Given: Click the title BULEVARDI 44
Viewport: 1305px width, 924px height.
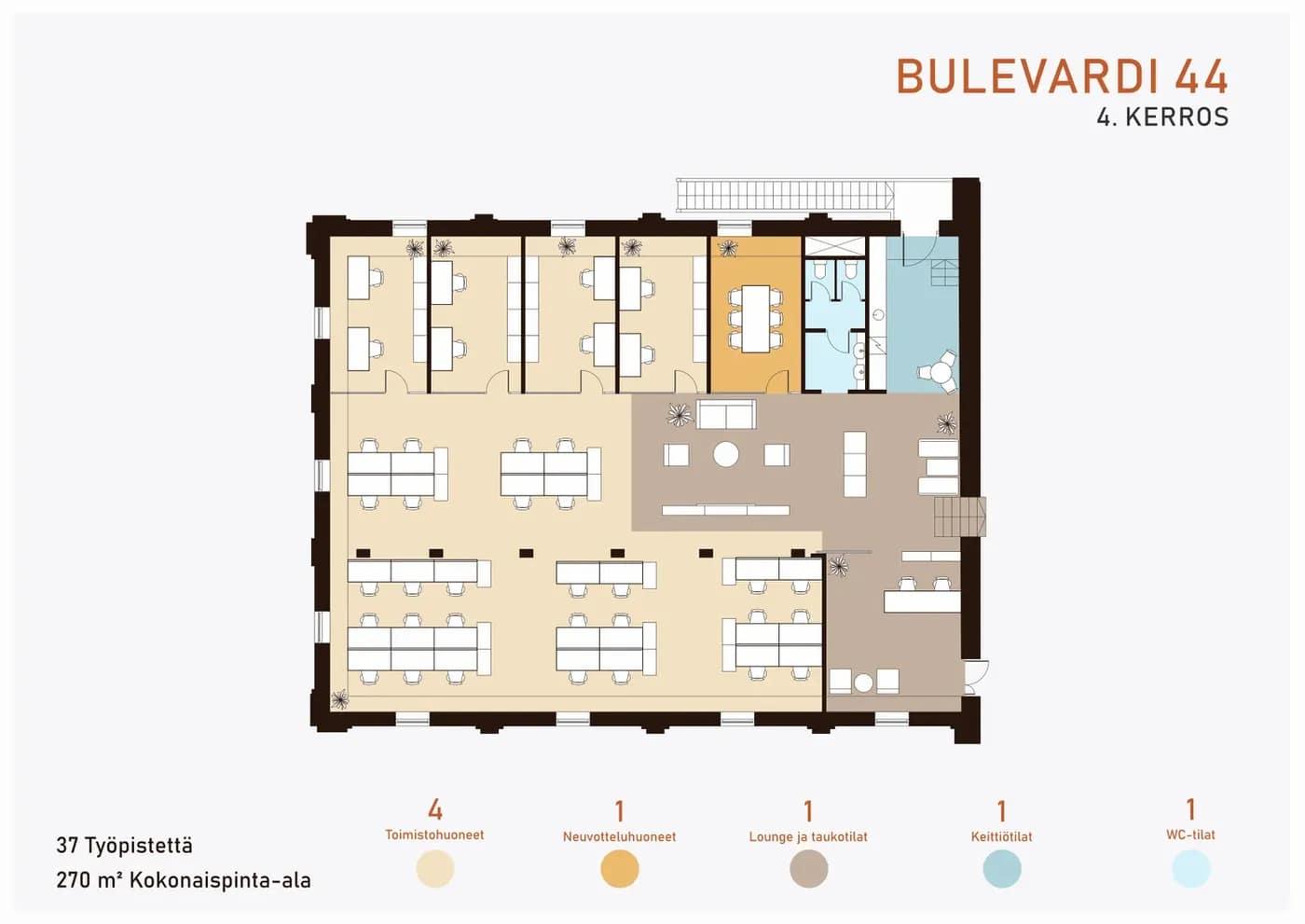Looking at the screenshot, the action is tap(1062, 76).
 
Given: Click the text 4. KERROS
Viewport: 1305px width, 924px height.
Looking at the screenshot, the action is tap(1163, 117).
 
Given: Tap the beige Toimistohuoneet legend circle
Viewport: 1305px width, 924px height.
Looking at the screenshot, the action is tap(435, 869).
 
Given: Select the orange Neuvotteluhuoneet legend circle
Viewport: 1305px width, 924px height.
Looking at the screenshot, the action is tap(619, 869).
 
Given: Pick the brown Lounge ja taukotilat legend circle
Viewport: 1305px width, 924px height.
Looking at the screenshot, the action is tap(809, 869).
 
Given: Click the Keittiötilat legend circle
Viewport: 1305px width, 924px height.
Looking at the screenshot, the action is tap(1002, 869).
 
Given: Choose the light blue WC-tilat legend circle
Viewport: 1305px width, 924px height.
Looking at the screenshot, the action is tap(1191, 869).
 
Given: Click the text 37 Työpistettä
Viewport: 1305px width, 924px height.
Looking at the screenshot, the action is tap(124, 846).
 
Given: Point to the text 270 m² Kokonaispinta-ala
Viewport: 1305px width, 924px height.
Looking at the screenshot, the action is tap(184, 880).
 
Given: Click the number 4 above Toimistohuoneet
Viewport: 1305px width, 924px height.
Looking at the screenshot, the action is tap(435, 810).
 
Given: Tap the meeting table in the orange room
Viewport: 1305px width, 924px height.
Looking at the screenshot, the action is tap(756, 319).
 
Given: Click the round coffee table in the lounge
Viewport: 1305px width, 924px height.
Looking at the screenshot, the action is tap(726, 454).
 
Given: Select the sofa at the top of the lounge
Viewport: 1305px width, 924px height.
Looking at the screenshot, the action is tap(726, 414).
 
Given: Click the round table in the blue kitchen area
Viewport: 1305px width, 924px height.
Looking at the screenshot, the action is tap(939, 371).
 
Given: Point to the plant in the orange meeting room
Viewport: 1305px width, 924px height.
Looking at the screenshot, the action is tap(728, 249).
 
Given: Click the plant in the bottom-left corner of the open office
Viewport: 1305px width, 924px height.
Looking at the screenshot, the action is tap(339, 699).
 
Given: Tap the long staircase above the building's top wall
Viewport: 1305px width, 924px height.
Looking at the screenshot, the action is tap(785, 195).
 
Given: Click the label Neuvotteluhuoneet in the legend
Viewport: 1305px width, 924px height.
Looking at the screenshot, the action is tap(619, 836).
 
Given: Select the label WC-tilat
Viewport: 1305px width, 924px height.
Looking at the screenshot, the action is tap(1191, 834).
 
